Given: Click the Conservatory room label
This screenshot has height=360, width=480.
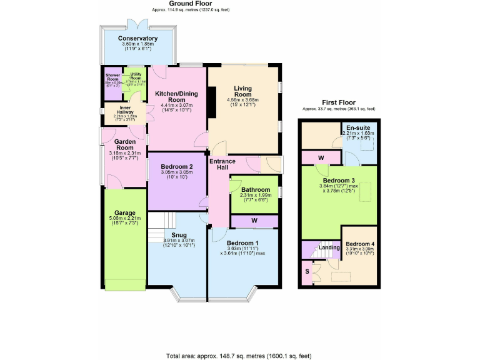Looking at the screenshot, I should [137, 38].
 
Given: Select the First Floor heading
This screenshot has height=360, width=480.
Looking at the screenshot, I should [339, 101].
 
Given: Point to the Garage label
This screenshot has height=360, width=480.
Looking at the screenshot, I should [125, 212].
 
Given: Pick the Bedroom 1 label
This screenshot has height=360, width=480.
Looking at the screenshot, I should [242, 242].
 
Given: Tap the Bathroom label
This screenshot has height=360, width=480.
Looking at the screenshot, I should [256, 190].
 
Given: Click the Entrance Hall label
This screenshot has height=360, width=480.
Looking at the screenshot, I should [222, 164].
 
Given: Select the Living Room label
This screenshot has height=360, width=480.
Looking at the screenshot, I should [242, 92].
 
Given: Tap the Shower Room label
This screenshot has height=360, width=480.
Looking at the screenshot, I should [112, 77].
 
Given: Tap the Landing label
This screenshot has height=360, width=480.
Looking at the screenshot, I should [329, 247].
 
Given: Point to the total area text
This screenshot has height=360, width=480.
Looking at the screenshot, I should [239, 355].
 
